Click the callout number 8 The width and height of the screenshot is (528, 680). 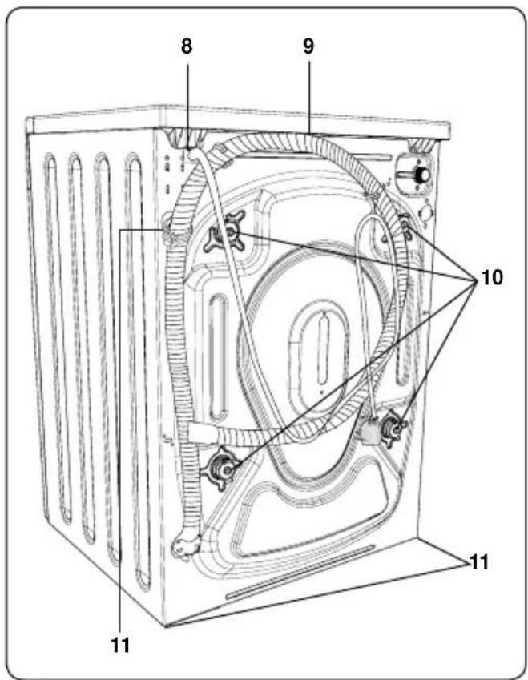[187, 46]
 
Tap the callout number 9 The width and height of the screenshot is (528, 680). [308, 46]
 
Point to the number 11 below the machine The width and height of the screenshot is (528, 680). [121, 646]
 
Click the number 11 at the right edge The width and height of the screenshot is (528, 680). [479, 562]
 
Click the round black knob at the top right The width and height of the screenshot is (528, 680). [421, 175]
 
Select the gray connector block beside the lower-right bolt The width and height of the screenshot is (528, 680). [370, 430]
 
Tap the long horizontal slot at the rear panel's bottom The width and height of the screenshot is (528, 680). [300, 573]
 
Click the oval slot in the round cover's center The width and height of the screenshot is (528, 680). [321, 349]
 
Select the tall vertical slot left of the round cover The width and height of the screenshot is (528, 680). [218, 356]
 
